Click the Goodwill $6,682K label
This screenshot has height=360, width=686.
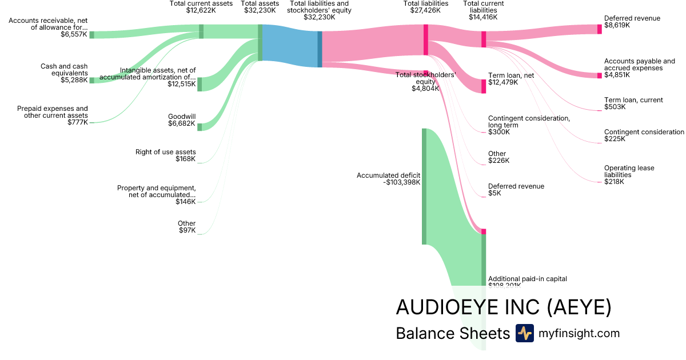pyautogui.click(x=181, y=119)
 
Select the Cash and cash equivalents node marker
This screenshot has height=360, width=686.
pyautogui.click(x=91, y=81)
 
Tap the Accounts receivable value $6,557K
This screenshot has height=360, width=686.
pyautogui.click(x=74, y=34)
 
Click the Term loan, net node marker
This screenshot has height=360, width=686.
pyautogui.click(x=484, y=86)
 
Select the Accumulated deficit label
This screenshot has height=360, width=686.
pyautogui.click(x=388, y=175)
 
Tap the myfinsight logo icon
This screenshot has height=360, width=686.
pyautogui.click(x=524, y=333)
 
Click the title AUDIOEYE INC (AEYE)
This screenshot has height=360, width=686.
pyautogui.click(x=503, y=307)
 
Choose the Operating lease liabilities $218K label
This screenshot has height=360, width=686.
pyautogui.click(x=629, y=175)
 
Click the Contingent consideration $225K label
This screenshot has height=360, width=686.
pyautogui.click(x=644, y=135)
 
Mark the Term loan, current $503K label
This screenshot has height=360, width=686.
pyautogui.click(x=633, y=103)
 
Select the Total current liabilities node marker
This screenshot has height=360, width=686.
pyautogui.click(x=484, y=39)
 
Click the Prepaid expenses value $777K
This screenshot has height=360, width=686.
pyautogui.click(x=78, y=122)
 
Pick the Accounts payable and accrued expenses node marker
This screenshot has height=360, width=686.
pyautogui.click(x=600, y=75)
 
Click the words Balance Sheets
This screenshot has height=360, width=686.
pyautogui.click(x=452, y=333)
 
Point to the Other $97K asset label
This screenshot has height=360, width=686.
pyautogui.click(x=186, y=227)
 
